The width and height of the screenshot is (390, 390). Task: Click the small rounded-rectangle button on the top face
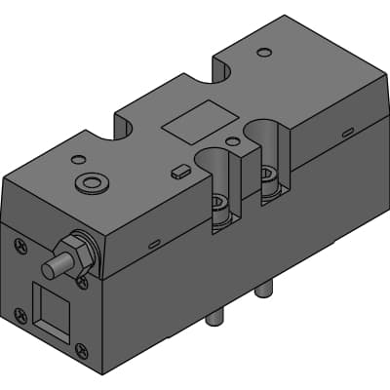pyautogui.click(x=176, y=171)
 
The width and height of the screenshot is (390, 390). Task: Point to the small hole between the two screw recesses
pyautogui.click(x=231, y=141)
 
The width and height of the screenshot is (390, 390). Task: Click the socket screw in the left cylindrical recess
pyautogui.click(x=219, y=204)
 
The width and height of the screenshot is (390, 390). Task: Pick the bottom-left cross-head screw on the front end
pyautogui.click(x=19, y=313)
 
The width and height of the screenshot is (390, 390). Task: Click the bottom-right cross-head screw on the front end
pyautogui.click(x=82, y=351)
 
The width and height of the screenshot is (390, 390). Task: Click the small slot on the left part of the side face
pyautogui.click(x=155, y=243)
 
